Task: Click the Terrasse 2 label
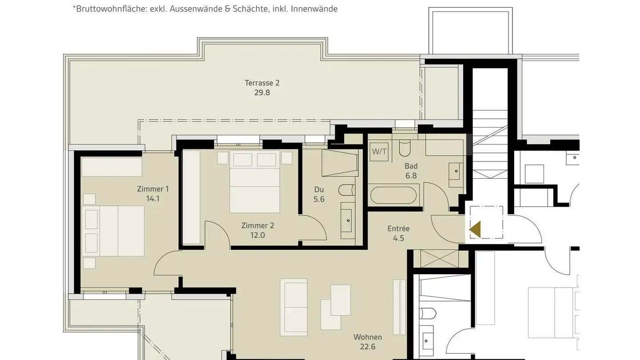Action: (262, 83)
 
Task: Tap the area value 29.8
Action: (262, 92)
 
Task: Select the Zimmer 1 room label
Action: (152, 189)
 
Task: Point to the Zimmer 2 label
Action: (257, 225)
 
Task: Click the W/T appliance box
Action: (379, 151)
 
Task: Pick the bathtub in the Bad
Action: (394, 196)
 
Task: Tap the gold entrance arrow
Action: (475, 229)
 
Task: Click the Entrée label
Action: (398, 228)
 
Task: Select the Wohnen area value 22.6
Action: (368, 347)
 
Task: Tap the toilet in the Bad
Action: (405, 148)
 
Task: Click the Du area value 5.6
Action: (319, 199)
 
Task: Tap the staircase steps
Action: (489, 142)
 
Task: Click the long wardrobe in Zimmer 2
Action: (192, 197)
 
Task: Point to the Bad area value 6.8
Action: (411, 176)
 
